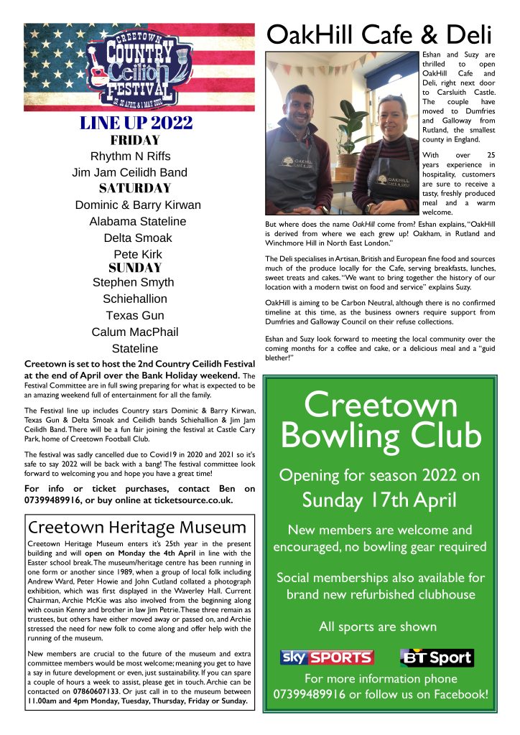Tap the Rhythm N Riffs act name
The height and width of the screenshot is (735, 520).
(x=131, y=156)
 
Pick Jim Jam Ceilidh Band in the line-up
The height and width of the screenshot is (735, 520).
(x=129, y=172)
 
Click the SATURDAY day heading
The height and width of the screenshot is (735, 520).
(x=135, y=189)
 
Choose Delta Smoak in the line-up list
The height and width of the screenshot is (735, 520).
(x=138, y=238)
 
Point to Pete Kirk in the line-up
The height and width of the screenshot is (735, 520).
(x=138, y=254)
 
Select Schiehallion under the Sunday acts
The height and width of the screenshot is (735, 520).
(x=135, y=299)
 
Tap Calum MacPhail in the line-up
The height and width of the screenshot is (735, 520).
(x=135, y=332)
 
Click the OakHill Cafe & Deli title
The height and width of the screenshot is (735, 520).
(x=379, y=34)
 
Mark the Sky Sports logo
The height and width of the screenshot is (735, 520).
(x=326, y=657)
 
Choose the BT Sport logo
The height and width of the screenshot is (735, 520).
(x=437, y=657)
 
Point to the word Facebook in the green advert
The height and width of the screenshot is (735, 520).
(x=460, y=695)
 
